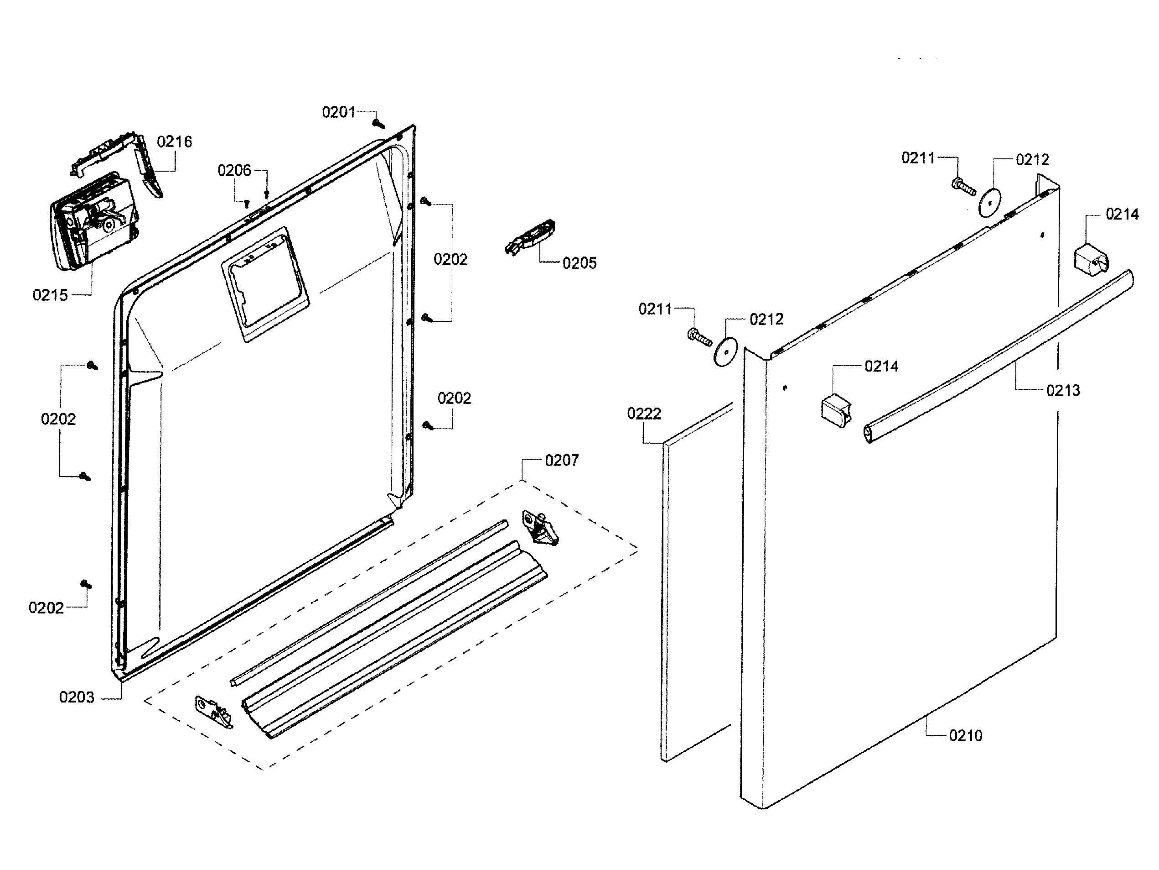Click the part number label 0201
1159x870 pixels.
pyautogui.click(x=338, y=112)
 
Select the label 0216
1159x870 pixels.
pyautogui.click(x=175, y=142)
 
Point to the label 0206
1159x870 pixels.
pyautogui.click(x=234, y=170)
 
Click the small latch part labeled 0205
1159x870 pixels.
pyautogui.click(x=530, y=237)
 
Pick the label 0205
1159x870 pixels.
pyautogui.click(x=579, y=263)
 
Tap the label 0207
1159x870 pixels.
pyautogui.click(x=561, y=461)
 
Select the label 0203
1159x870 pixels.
pyautogui.click(x=77, y=697)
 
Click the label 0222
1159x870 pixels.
pyautogui.click(x=643, y=414)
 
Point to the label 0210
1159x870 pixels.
pyautogui.click(x=965, y=736)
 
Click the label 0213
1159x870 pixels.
pyautogui.click(x=1063, y=390)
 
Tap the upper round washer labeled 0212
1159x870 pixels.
pyautogui.click(x=989, y=202)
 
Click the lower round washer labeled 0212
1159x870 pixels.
pyautogui.click(x=725, y=351)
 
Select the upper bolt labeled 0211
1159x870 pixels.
pyautogui.click(x=963, y=186)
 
